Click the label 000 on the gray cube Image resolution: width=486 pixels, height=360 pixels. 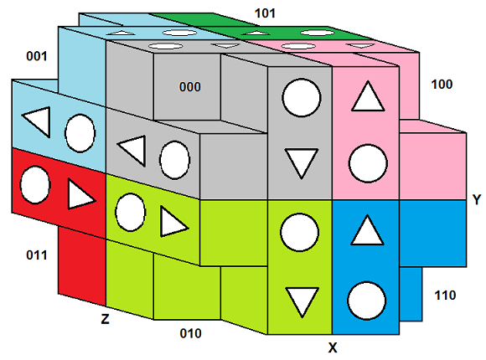[189, 87]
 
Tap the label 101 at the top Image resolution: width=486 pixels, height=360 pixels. [265, 13]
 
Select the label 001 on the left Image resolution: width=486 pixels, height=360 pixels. [37, 56]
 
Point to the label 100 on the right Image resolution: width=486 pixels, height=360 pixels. [442, 85]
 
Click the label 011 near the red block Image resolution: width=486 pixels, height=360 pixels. [37, 255]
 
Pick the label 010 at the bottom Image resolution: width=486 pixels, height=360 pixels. [190, 333]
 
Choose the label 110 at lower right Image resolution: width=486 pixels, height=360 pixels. [445, 296]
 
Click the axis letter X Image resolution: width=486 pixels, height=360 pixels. [333, 347]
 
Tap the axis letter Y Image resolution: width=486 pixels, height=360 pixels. [477, 200]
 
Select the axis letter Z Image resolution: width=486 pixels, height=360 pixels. [105, 318]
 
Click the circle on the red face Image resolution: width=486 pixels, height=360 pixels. [35, 185]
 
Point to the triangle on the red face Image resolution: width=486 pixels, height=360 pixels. [80, 194]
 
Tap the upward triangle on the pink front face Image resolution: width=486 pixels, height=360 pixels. [368, 96]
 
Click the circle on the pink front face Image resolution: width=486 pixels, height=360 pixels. [368, 163]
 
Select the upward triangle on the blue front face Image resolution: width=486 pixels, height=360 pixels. [367, 230]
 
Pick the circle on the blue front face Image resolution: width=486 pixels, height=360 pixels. [367, 301]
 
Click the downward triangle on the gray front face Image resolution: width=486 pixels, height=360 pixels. [302, 163]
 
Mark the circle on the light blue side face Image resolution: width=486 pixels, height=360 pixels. [80, 133]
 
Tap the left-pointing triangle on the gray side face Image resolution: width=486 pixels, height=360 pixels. [133, 151]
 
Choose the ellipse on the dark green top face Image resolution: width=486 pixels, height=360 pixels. [318, 33]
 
